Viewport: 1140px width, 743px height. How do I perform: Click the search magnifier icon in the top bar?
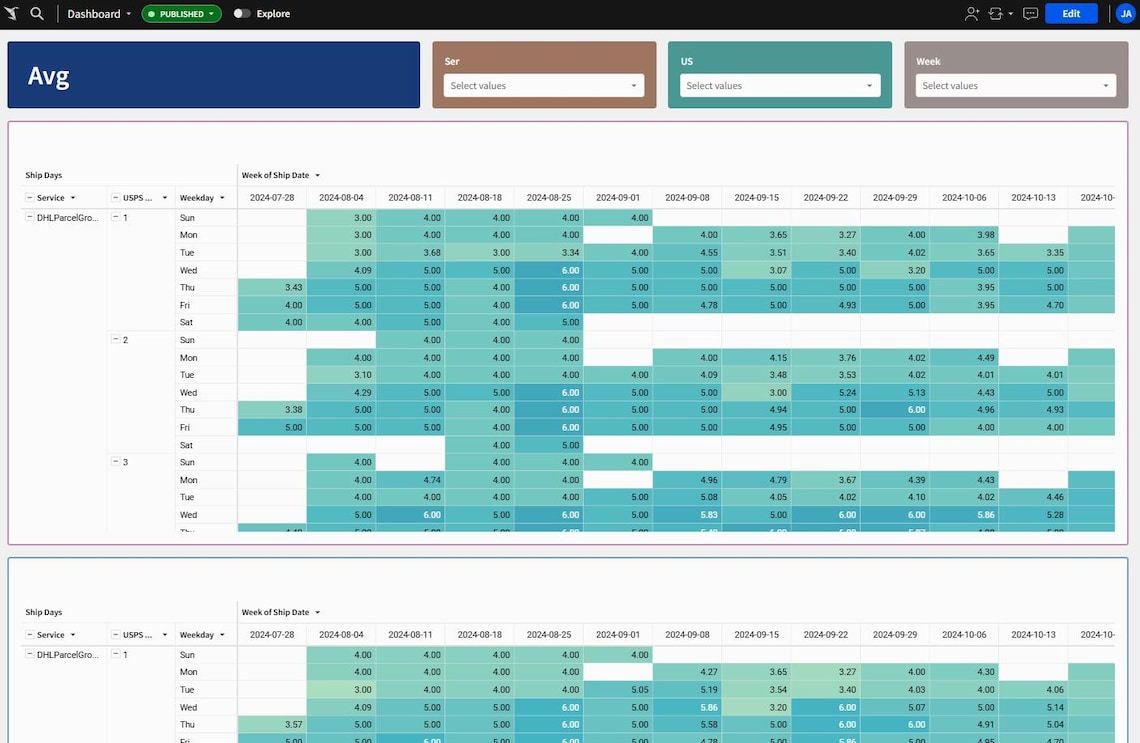(37, 14)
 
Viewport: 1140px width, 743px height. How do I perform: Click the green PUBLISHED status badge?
(181, 14)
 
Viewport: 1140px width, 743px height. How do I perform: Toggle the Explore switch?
(242, 14)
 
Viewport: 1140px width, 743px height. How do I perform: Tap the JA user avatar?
(1125, 14)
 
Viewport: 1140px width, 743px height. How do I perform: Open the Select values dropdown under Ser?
(544, 86)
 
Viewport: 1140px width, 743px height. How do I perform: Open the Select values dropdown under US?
(780, 86)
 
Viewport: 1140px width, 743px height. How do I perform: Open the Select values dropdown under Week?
(1016, 86)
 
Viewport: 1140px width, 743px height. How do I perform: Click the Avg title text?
(48, 77)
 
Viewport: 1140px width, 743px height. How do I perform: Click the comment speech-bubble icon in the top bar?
(1030, 14)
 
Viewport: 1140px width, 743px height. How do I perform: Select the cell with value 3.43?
(273, 288)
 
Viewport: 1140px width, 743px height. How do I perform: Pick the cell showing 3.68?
(411, 253)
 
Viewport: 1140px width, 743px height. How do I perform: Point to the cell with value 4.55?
(688, 253)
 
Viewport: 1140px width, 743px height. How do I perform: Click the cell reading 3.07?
(757, 270)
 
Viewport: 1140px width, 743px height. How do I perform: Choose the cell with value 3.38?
(273, 410)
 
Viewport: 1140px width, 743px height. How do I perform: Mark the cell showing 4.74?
(411, 480)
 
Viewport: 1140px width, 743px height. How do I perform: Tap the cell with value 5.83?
(688, 515)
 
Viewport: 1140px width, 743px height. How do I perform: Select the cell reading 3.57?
(273, 725)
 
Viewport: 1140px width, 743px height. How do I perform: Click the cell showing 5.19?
(688, 690)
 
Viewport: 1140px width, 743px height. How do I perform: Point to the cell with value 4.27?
(688, 672)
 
